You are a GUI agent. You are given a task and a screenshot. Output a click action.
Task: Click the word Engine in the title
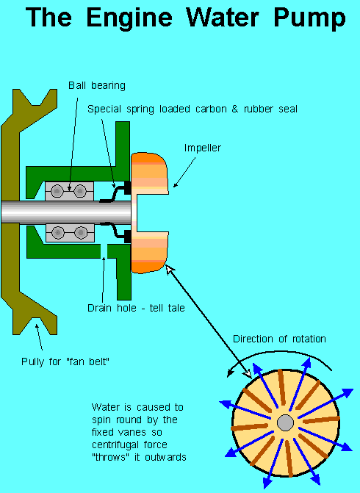[x=129, y=18]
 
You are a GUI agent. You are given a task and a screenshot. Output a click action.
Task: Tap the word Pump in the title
[x=309, y=18]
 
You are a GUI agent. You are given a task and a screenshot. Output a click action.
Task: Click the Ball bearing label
[x=97, y=85]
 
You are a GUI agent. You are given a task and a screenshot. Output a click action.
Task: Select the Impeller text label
[x=203, y=148]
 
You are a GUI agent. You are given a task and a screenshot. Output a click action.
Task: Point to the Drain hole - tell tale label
[x=136, y=308]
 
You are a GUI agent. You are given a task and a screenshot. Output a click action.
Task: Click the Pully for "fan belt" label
[x=65, y=361]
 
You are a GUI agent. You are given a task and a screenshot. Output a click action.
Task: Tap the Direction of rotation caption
[x=279, y=339]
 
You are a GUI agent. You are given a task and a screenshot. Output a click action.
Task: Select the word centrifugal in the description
[x=115, y=445]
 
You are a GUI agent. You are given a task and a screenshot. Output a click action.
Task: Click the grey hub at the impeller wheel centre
[x=286, y=422]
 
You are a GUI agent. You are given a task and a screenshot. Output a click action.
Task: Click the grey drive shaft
[x=66, y=212]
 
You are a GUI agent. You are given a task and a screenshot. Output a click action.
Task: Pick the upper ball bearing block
[x=69, y=191]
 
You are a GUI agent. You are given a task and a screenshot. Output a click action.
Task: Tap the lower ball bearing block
[x=70, y=233]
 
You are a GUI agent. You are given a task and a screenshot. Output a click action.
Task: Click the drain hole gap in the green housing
[x=104, y=251]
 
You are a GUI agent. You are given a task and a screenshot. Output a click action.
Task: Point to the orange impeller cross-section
[x=148, y=212]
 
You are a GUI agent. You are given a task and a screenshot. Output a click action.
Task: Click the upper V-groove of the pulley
[x=35, y=98]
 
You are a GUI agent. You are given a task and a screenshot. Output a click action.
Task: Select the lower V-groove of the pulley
[x=35, y=325]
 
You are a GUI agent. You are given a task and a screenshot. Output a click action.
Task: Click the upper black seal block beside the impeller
[x=128, y=187]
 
